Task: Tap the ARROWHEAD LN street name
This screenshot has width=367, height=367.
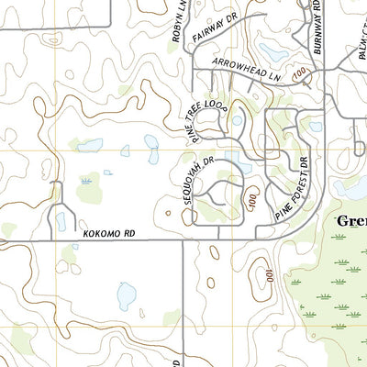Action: [246, 70]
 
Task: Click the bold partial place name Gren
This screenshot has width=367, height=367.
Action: [350, 221]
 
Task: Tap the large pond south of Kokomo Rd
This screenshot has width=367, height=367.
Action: [127, 295]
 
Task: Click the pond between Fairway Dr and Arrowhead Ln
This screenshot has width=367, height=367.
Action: [272, 51]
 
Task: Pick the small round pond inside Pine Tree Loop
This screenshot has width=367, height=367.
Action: [238, 119]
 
